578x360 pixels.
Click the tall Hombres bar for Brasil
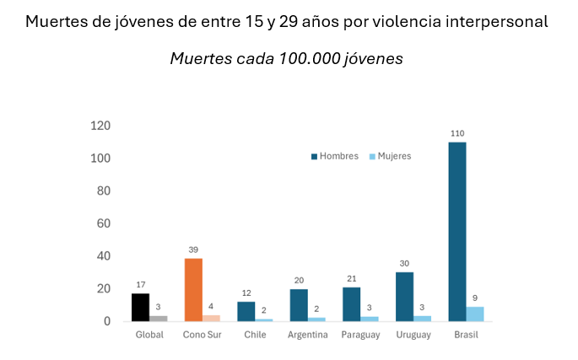(456, 232)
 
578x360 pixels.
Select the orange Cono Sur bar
(193, 289)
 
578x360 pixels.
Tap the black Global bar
(140, 307)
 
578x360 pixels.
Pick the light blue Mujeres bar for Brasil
(475, 314)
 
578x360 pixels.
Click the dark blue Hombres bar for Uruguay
(404, 297)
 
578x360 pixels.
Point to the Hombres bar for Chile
(246, 311)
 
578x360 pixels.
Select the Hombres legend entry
(335, 156)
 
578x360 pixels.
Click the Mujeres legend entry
(389, 156)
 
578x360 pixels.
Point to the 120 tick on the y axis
(100, 126)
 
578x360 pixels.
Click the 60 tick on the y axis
(104, 223)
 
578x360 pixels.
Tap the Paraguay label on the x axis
(359, 336)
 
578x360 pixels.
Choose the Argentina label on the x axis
(307, 336)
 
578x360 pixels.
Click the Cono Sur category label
(202, 336)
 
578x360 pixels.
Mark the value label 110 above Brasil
(457, 133)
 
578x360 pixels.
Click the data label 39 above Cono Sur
(193, 250)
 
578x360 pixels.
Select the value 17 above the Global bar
(140, 285)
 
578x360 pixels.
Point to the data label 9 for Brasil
(475, 298)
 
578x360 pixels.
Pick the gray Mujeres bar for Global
(159, 318)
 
